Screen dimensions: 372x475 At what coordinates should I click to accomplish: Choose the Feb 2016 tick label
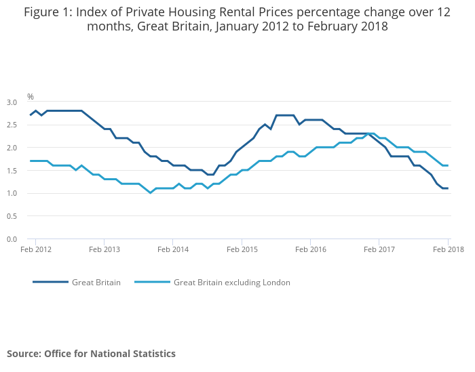coord(309,249)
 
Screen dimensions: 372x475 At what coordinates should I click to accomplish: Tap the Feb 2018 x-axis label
coord(448,249)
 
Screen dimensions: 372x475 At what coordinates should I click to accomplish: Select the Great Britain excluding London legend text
coord(231,283)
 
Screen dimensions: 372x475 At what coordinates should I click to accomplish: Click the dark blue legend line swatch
coord(50,283)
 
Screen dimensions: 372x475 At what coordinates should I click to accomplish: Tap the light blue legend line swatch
coord(152,283)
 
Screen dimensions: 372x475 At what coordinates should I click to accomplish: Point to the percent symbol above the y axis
coord(31,97)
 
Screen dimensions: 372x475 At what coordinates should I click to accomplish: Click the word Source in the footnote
coord(24,354)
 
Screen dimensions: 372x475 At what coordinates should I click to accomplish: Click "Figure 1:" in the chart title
coord(47,12)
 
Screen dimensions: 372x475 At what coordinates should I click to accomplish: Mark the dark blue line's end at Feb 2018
coord(448,188)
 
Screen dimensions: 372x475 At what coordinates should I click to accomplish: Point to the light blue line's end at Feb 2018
coord(448,165)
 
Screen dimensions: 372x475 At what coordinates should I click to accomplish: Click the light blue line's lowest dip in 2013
coord(151,193)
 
